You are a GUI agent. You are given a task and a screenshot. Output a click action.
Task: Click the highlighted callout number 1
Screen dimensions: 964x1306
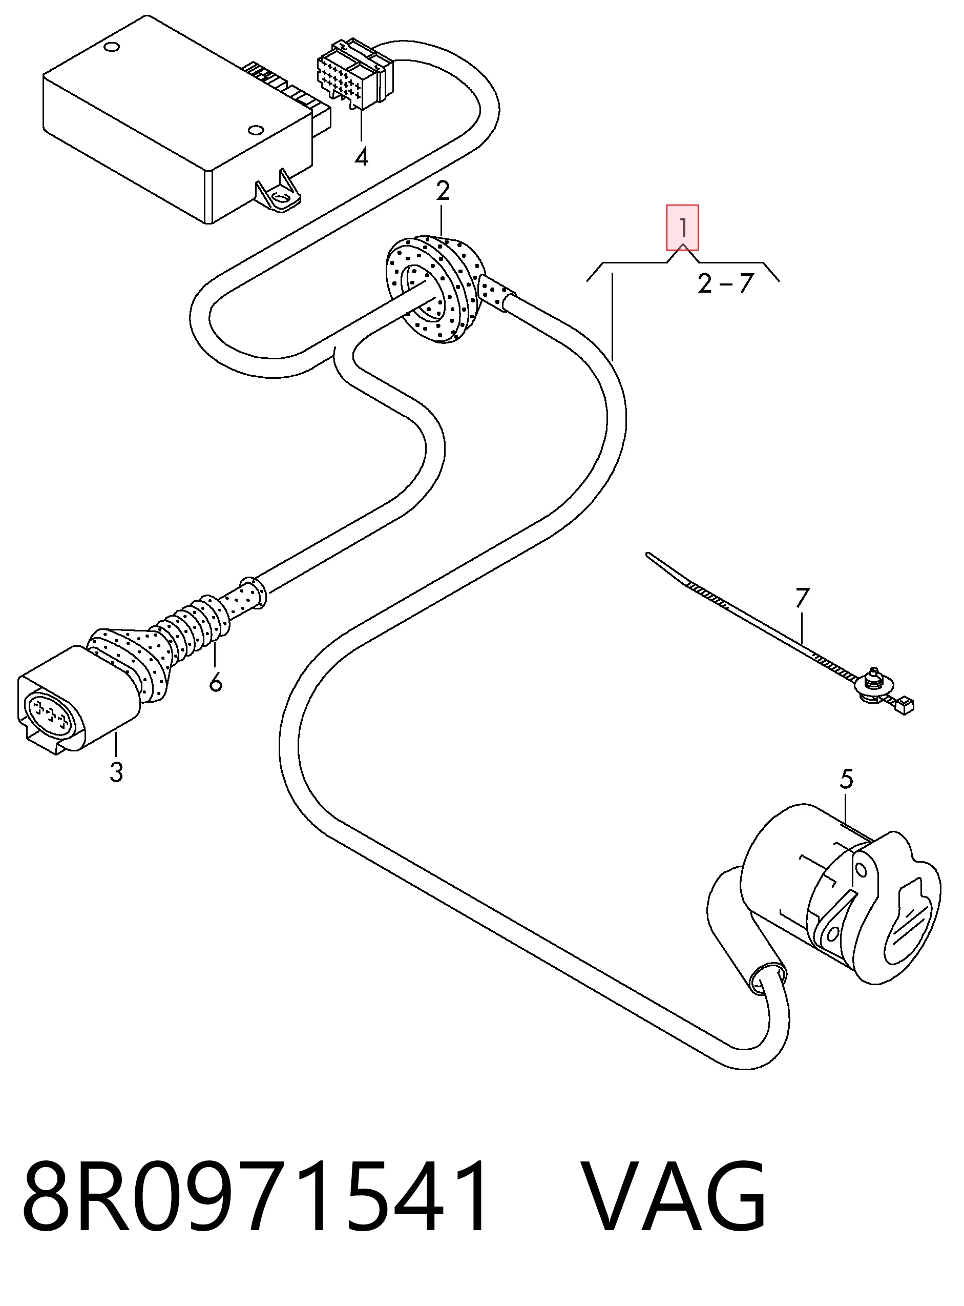tap(682, 227)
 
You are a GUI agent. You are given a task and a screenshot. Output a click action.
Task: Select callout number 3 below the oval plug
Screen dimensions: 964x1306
tap(116, 772)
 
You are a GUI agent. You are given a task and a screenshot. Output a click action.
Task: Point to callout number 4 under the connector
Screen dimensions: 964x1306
tap(362, 156)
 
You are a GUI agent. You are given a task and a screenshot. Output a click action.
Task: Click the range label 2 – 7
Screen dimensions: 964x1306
tap(726, 284)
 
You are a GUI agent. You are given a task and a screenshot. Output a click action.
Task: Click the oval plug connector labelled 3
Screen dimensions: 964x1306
tap(79, 698)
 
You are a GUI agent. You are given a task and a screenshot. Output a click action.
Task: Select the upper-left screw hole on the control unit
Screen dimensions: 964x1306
tap(110, 47)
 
